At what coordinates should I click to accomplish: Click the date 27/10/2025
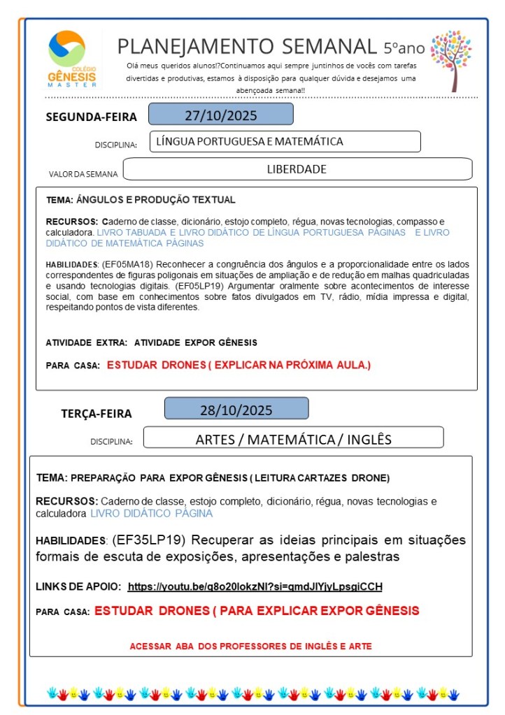(221, 115)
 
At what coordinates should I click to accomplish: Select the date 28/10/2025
(236, 410)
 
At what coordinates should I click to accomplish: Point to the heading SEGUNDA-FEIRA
(92, 117)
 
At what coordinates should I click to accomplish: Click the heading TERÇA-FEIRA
(97, 413)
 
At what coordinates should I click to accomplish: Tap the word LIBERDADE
(297, 169)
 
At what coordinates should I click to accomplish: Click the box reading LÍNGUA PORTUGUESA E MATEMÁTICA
(285, 141)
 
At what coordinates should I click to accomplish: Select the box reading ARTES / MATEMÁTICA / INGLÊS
(293, 439)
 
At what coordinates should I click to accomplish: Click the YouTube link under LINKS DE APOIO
(255, 586)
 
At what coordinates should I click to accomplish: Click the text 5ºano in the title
(404, 48)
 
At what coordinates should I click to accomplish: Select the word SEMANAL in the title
(329, 46)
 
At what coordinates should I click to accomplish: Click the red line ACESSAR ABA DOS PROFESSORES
(250, 647)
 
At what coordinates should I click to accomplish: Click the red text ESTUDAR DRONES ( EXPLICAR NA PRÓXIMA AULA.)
(239, 365)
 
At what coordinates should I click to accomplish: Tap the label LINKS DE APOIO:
(78, 586)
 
